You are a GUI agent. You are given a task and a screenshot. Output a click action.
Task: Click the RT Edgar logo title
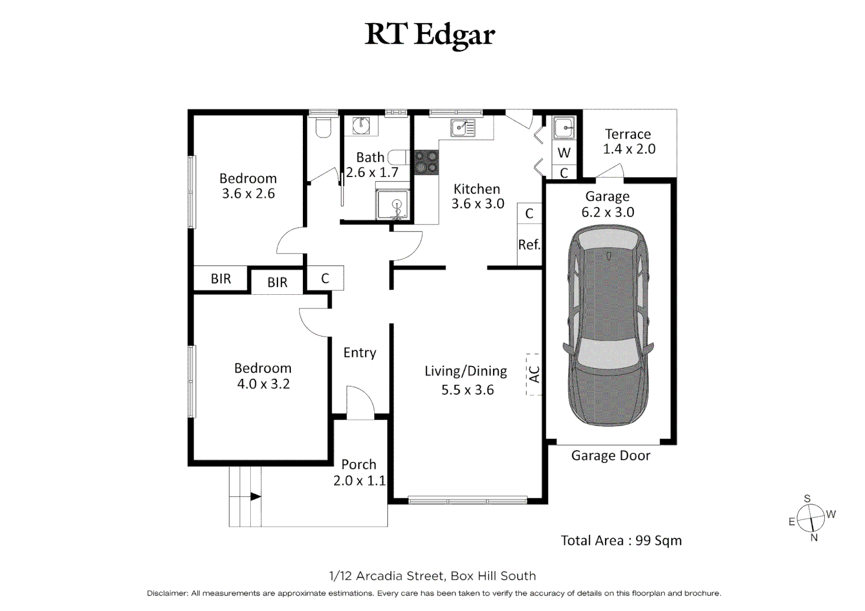point(430,36)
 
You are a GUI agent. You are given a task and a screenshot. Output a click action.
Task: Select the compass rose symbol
point(811,518)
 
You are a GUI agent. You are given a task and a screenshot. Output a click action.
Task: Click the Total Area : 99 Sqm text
point(622,540)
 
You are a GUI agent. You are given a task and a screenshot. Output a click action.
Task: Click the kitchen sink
point(463,128)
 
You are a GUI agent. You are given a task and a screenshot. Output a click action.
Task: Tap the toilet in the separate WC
point(323,127)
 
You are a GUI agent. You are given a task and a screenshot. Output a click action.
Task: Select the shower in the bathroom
point(392,204)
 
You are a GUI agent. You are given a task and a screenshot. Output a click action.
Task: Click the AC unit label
point(534,374)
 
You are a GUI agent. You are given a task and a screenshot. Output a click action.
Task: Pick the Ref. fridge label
point(529,244)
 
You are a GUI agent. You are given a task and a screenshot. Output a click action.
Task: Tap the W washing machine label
point(564,153)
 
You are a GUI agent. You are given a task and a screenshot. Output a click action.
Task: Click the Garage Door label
point(610,455)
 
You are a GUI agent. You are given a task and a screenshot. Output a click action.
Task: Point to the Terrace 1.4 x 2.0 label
point(629,141)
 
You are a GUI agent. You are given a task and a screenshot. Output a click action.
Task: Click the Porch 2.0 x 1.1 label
point(359,472)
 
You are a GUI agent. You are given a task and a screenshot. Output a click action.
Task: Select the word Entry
point(359,353)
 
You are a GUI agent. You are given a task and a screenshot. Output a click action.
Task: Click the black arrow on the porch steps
point(256,496)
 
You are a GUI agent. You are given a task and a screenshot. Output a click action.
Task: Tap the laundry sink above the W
point(564,128)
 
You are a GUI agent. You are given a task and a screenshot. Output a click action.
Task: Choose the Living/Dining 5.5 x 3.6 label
point(466,380)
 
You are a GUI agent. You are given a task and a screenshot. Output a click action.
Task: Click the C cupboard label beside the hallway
point(325,278)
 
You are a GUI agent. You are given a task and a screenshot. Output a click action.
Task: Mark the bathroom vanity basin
point(361,125)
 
